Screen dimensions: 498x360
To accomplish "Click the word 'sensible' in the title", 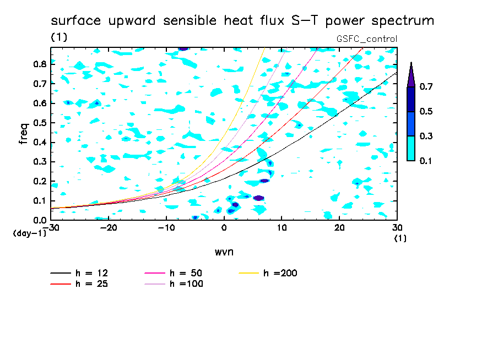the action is (190, 20).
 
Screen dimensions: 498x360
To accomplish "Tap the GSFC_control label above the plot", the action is (367, 39).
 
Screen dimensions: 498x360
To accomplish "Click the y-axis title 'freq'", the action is (24, 134).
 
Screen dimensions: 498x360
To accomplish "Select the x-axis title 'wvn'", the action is (224, 252).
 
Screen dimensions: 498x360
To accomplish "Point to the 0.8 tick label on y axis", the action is (40, 64).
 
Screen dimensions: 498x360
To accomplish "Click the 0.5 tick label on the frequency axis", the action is (40, 123).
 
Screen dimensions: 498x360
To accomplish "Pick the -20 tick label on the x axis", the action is (109, 228).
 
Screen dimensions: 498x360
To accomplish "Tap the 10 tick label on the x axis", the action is (282, 228).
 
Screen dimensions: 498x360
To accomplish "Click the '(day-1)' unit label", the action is (29, 233).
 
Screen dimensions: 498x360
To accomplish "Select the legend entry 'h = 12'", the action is (79, 273).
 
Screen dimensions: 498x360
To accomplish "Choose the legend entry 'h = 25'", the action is (79, 283).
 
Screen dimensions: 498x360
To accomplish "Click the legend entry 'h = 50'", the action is (174, 273).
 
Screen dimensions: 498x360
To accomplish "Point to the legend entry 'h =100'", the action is (174, 283).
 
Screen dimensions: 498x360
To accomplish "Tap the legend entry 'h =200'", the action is (268, 273).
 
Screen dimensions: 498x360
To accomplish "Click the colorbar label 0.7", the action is (426, 86).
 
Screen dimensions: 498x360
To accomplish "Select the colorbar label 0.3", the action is (426, 136).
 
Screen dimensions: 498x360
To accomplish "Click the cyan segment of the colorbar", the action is (411, 148).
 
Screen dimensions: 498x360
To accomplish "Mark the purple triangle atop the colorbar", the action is (411, 75).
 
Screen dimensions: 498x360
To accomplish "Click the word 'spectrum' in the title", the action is (403, 20).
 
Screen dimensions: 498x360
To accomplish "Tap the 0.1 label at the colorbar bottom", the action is (426, 161).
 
